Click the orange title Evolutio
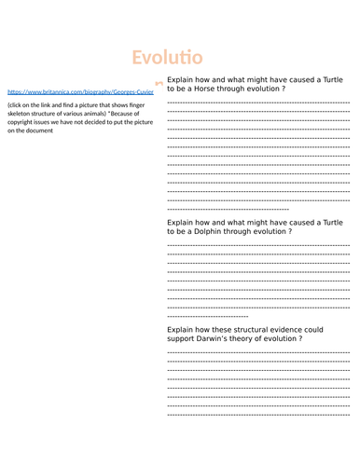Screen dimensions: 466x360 (x=167, y=59)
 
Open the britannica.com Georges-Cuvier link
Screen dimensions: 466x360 (x=80, y=93)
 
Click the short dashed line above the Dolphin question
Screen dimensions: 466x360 (x=227, y=208)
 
